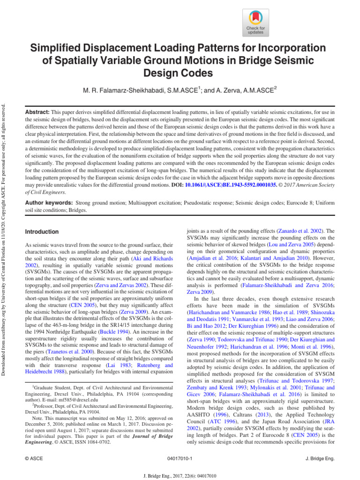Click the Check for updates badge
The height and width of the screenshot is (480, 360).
tap(255, 22)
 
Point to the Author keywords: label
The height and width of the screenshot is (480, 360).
tap(48, 203)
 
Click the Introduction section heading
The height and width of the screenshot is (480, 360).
tap(42, 232)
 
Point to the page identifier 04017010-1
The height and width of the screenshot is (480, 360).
tap(180, 457)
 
